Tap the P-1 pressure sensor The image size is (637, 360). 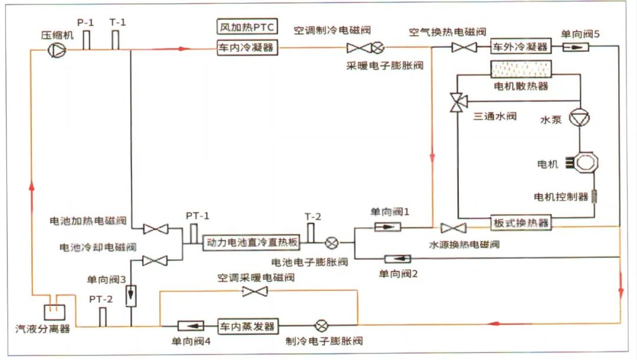point(86,40)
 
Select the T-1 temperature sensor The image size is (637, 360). point(115,40)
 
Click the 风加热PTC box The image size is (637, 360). point(247,27)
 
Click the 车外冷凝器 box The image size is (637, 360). point(520,47)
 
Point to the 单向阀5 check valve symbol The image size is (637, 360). point(571,47)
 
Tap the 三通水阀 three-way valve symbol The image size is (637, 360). point(457,102)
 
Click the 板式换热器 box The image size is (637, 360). point(521,223)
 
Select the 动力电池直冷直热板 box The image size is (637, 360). point(252,243)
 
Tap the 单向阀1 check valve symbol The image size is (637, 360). point(388,227)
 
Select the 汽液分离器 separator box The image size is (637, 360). point(54,310)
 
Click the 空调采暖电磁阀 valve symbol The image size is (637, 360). point(255,291)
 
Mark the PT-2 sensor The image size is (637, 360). point(101,317)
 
